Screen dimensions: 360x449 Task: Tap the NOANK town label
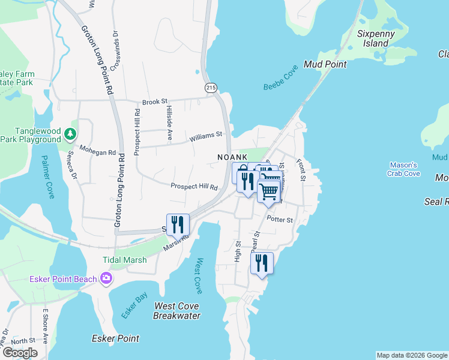point(233,157)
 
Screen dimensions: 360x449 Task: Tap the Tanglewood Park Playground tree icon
point(71,133)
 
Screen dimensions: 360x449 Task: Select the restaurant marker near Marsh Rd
point(178,224)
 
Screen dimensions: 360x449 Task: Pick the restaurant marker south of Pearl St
point(262,263)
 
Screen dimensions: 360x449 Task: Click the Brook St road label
point(155,103)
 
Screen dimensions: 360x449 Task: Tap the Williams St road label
point(206,137)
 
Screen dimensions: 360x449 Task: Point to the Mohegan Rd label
point(97,152)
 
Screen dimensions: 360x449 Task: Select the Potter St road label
point(280,220)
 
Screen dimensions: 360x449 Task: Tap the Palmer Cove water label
point(48,177)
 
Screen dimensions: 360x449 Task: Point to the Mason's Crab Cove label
point(404,169)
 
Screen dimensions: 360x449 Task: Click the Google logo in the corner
point(20,353)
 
